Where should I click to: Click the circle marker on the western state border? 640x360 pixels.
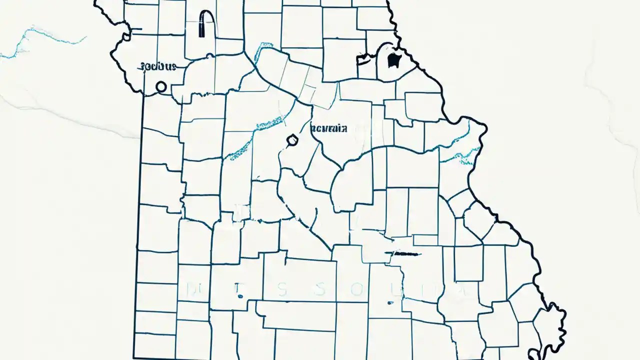(161, 87)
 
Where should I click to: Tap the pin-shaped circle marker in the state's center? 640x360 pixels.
(291, 141)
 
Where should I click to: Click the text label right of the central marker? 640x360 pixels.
(329, 128)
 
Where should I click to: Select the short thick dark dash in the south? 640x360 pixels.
(405, 254)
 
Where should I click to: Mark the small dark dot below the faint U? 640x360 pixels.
(388, 302)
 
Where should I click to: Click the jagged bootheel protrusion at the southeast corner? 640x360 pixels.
(555, 325)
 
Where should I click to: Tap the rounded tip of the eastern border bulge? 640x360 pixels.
(482, 127)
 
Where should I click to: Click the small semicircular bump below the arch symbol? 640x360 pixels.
(210, 56)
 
